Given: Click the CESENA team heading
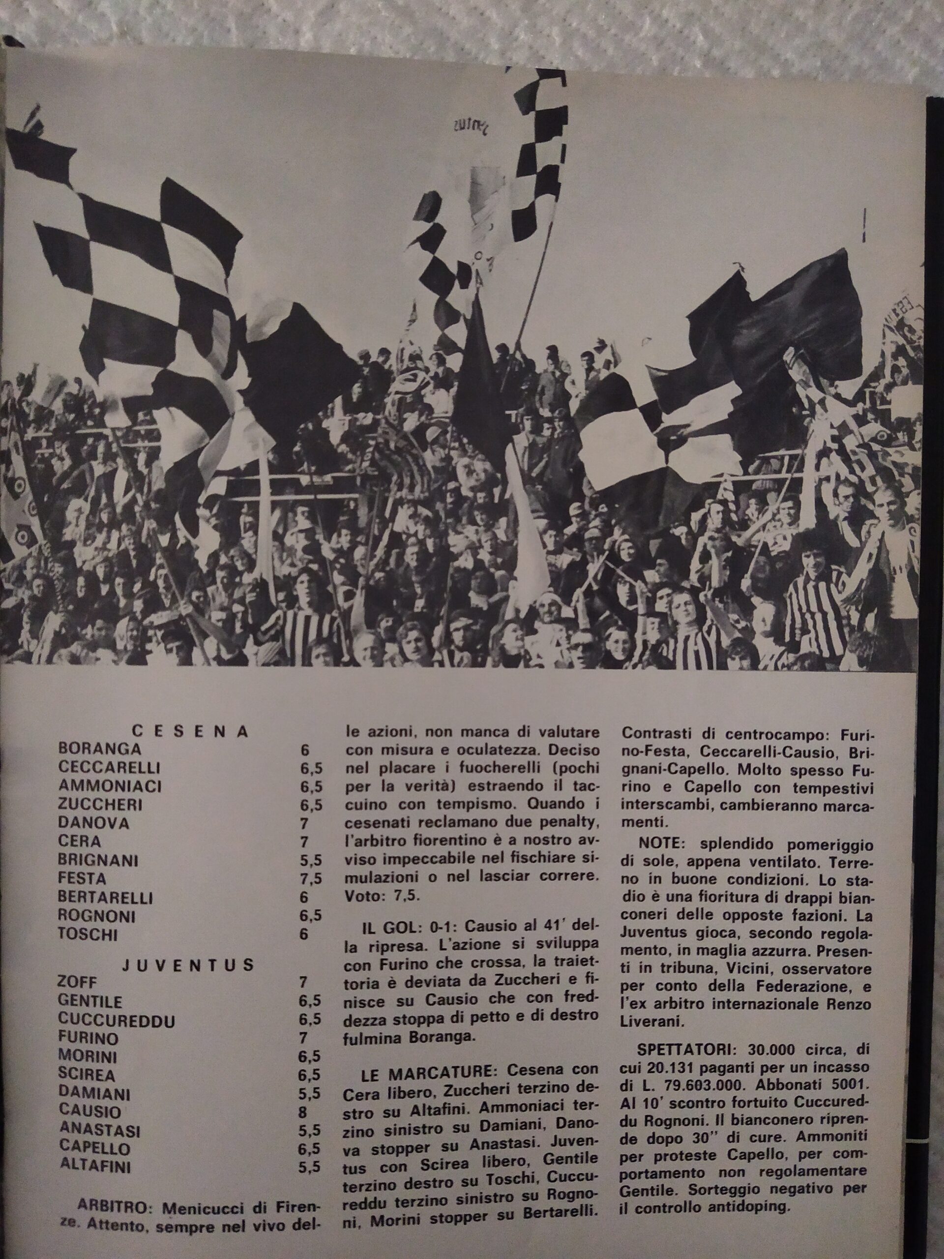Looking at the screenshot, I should coord(190,732).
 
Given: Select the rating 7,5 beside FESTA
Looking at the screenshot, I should coord(311,879).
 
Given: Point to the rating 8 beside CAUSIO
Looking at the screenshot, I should coord(302,1111).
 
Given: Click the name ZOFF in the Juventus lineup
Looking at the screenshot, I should coord(78,983).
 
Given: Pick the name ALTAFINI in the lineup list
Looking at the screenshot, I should coord(95,1167).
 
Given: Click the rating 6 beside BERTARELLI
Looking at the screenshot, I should coord(304,897).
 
